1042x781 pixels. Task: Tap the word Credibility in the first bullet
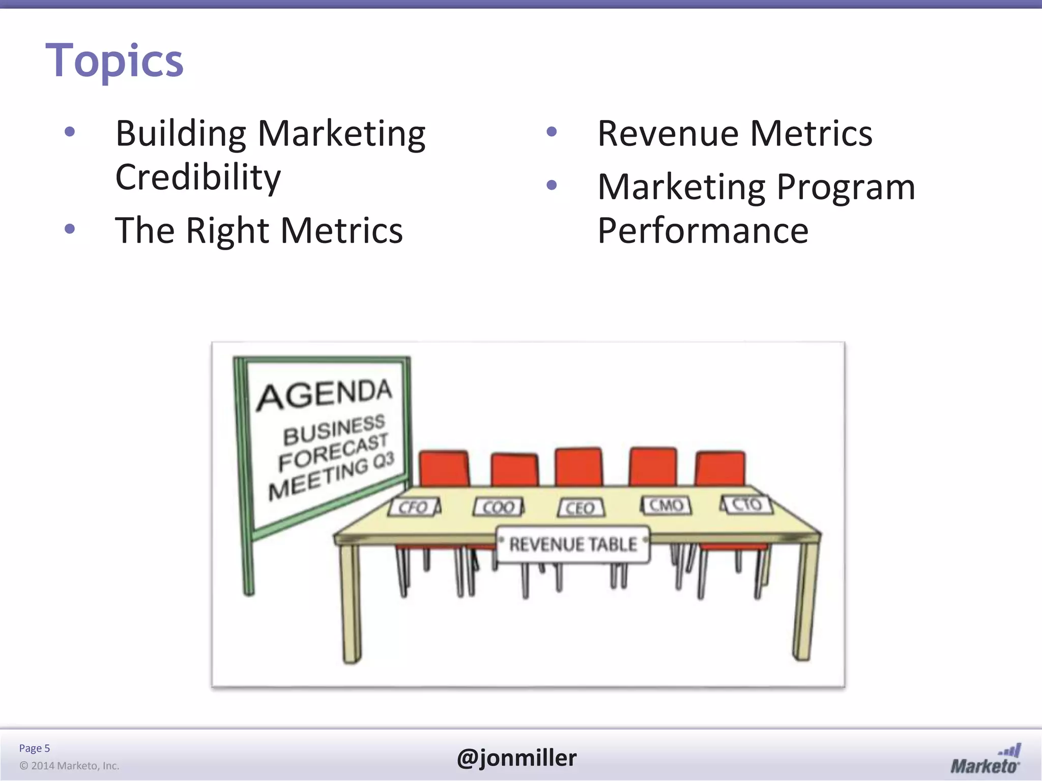(198, 177)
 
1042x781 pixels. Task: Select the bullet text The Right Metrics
(259, 230)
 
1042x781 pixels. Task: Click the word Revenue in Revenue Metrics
(668, 133)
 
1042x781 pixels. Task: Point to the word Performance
(703, 230)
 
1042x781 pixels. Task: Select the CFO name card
(414, 507)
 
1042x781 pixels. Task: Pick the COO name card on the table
(498, 507)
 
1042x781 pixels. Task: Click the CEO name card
(581, 507)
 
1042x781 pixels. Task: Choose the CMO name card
(665, 505)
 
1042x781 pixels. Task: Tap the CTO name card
(746, 504)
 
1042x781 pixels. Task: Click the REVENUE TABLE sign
(573, 545)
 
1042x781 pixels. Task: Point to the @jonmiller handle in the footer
(516, 758)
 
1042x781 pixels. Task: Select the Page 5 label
(35, 748)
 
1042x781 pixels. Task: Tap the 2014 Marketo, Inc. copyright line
(69, 766)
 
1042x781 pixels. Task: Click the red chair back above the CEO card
(578, 467)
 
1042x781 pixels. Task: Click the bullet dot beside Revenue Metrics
(552, 132)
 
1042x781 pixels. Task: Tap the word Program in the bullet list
(846, 187)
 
